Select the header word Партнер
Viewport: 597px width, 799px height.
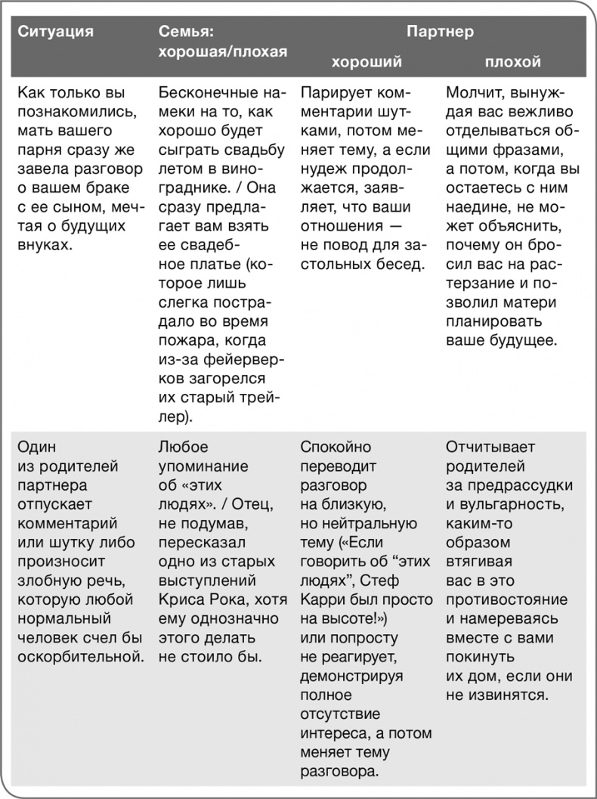tap(440, 32)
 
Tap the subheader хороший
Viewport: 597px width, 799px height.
tap(367, 62)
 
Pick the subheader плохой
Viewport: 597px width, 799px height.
tap(512, 62)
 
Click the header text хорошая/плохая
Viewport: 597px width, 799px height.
tap(223, 51)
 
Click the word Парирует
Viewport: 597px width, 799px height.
tap(332, 94)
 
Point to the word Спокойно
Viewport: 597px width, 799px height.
tap(336, 447)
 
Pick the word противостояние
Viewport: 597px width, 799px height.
tap(506, 599)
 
